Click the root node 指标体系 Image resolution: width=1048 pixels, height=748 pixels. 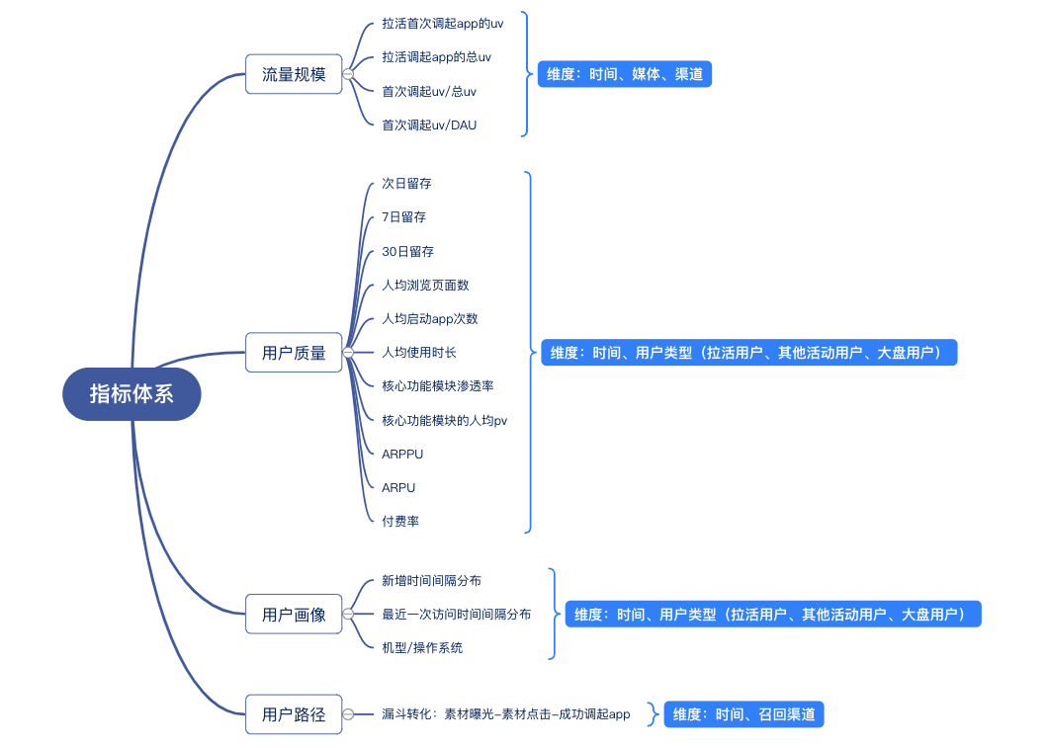click(x=131, y=394)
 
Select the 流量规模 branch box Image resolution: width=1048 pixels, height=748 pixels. click(x=294, y=74)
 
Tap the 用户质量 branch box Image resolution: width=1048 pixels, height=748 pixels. click(x=294, y=353)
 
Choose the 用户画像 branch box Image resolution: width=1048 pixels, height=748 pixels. click(x=294, y=615)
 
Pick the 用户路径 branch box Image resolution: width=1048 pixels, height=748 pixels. click(x=294, y=714)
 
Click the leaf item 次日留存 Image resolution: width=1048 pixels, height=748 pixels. click(x=406, y=184)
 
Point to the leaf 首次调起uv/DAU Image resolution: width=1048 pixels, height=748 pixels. click(x=429, y=125)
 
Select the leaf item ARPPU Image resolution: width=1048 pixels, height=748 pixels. click(x=402, y=455)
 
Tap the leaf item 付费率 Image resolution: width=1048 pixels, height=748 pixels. click(x=400, y=521)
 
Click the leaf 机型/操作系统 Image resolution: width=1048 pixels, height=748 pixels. click(x=422, y=648)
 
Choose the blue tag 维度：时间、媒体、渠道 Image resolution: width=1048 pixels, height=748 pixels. click(x=624, y=74)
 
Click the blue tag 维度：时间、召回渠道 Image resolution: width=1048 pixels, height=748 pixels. click(x=743, y=714)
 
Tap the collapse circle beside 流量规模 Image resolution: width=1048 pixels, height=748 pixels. click(x=348, y=74)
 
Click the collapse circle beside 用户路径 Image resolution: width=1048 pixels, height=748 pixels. click(x=348, y=714)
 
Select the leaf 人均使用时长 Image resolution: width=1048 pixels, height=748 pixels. click(x=419, y=353)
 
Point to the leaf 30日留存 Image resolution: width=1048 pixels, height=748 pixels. click(x=407, y=252)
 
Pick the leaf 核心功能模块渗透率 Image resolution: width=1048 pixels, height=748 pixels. click(x=438, y=386)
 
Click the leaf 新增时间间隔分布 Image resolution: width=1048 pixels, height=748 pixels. click(x=431, y=581)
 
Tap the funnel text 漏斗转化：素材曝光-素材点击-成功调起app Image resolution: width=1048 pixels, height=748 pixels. click(x=506, y=714)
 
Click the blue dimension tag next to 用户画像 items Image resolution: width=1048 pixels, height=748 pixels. click(x=773, y=615)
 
